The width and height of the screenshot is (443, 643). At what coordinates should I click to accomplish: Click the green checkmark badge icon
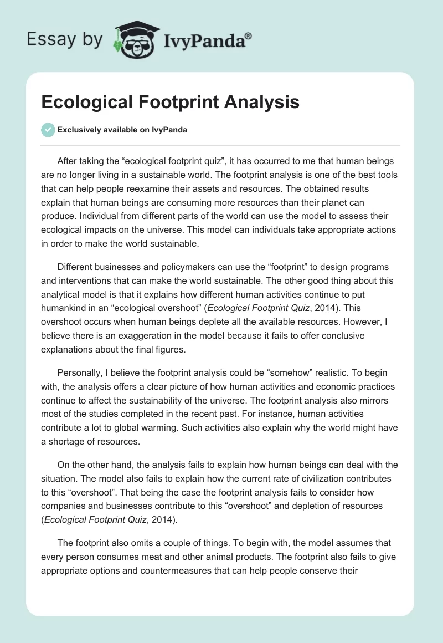(x=48, y=130)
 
